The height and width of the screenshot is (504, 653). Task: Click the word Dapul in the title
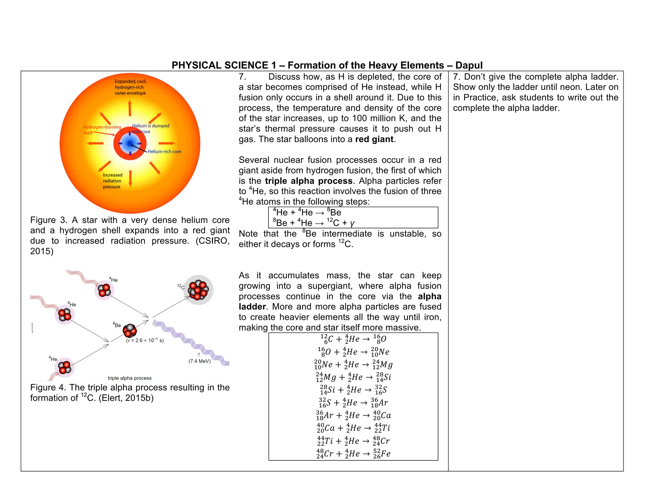point(469,65)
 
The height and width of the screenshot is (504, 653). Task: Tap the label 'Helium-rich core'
point(164,152)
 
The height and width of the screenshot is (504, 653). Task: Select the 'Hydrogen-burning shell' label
point(101,130)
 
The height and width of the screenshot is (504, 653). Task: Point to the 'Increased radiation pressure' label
point(112,181)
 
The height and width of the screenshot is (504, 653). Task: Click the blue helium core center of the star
point(130,143)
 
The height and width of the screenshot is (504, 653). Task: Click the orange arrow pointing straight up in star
point(130,108)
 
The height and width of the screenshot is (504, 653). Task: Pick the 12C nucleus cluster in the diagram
point(198,290)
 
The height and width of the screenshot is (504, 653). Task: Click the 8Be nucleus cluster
point(130,331)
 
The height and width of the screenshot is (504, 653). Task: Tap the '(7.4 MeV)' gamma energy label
point(200,361)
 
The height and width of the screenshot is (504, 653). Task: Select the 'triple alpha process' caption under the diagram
point(130,378)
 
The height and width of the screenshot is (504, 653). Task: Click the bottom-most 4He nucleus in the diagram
point(65,368)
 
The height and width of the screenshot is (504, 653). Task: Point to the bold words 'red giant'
point(374,140)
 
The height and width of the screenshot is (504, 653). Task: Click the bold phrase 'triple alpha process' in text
point(308,181)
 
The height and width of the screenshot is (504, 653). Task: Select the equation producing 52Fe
point(353,454)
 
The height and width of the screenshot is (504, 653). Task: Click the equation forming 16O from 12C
point(353,339)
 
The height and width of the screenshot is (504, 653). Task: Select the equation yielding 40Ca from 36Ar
point(353,415)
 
